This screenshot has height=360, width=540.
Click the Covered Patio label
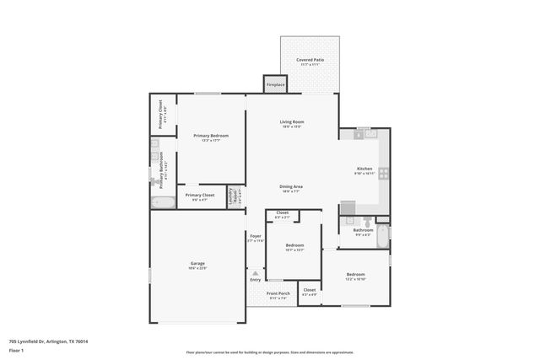pyautogui.click(x=310, y=61)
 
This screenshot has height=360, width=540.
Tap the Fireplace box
pyautogui.click(x=275, y=85)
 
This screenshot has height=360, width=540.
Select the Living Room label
pyautogui.click(x=292, y=123)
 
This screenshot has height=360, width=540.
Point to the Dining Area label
pyautogui.click(x=292, y=187)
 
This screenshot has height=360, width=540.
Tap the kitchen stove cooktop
pyautogui.click(x=382, y=174)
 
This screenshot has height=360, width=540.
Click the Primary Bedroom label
pyautogui.click(x=210, y=137)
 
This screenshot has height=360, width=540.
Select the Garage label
pyautogui.click(x=197, y=265)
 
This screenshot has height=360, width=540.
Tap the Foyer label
pyautogui.click(x=255, y=238)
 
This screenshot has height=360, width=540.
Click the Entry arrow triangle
pyautogui.click(x=255, y=272)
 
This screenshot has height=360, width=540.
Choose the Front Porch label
pyautogui.click(x=278, y=294)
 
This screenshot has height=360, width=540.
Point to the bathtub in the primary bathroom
pyautogui.click(x=162, y=201)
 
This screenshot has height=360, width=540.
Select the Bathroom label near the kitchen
pyautogui.click(x=363, y=230)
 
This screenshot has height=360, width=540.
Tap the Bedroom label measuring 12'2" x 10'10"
pyautogui.click(x=355, y=275)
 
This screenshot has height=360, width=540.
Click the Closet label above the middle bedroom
pyautogui.click(x=282, y=213)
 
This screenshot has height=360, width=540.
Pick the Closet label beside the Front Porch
pyautogui.click(x=309, y=292)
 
